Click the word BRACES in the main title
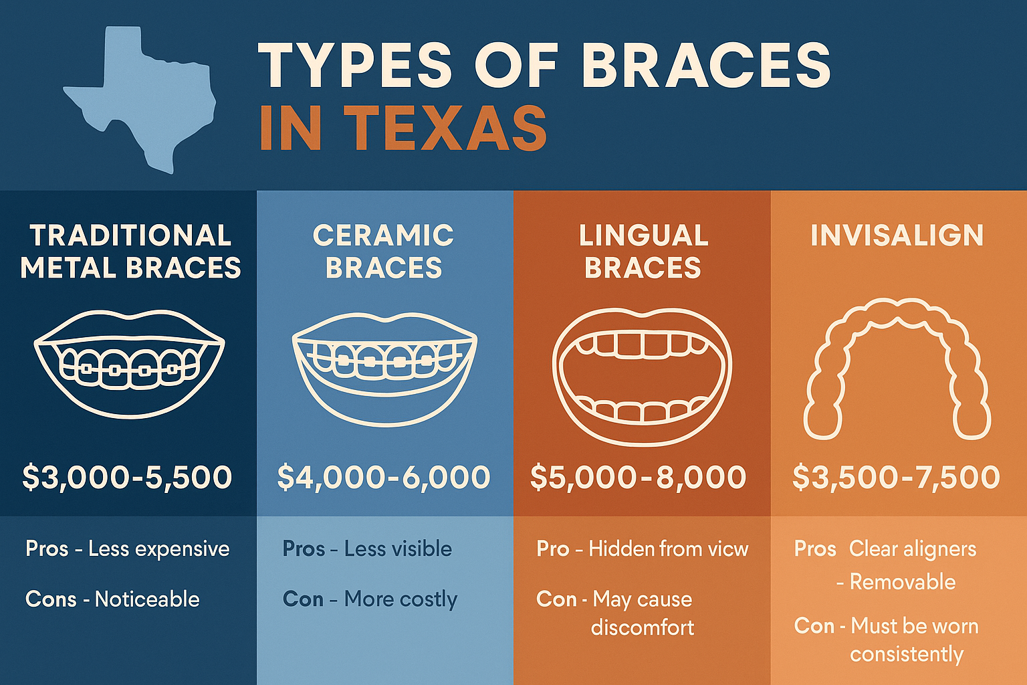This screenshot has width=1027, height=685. click(x=705, y=66)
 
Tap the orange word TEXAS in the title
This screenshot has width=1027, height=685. click(x=446, y=128)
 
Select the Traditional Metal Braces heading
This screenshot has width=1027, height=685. click(x=130, y=252)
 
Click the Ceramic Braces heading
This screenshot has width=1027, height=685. click(x=384, y=252)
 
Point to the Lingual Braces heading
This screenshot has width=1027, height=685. click(x=643, y=252)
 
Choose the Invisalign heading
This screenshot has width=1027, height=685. click(x=897, y=235)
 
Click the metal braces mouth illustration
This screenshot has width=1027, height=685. click(x=129, y=364)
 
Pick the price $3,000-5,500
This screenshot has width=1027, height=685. click(x=127, y=477)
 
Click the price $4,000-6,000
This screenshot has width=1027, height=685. click(x=384, y=477)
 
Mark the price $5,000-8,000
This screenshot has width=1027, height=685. click(x=639, y=477)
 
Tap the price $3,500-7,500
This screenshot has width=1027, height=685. click(x=896, y=477)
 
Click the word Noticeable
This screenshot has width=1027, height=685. click(x=147, y=599)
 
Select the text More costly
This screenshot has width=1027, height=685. click(x=401, y=599)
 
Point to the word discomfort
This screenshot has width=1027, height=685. click(x=643, y=627)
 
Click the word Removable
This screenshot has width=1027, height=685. click(x=902, y=582)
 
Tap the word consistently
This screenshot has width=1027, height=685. click(x=907, y=654)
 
